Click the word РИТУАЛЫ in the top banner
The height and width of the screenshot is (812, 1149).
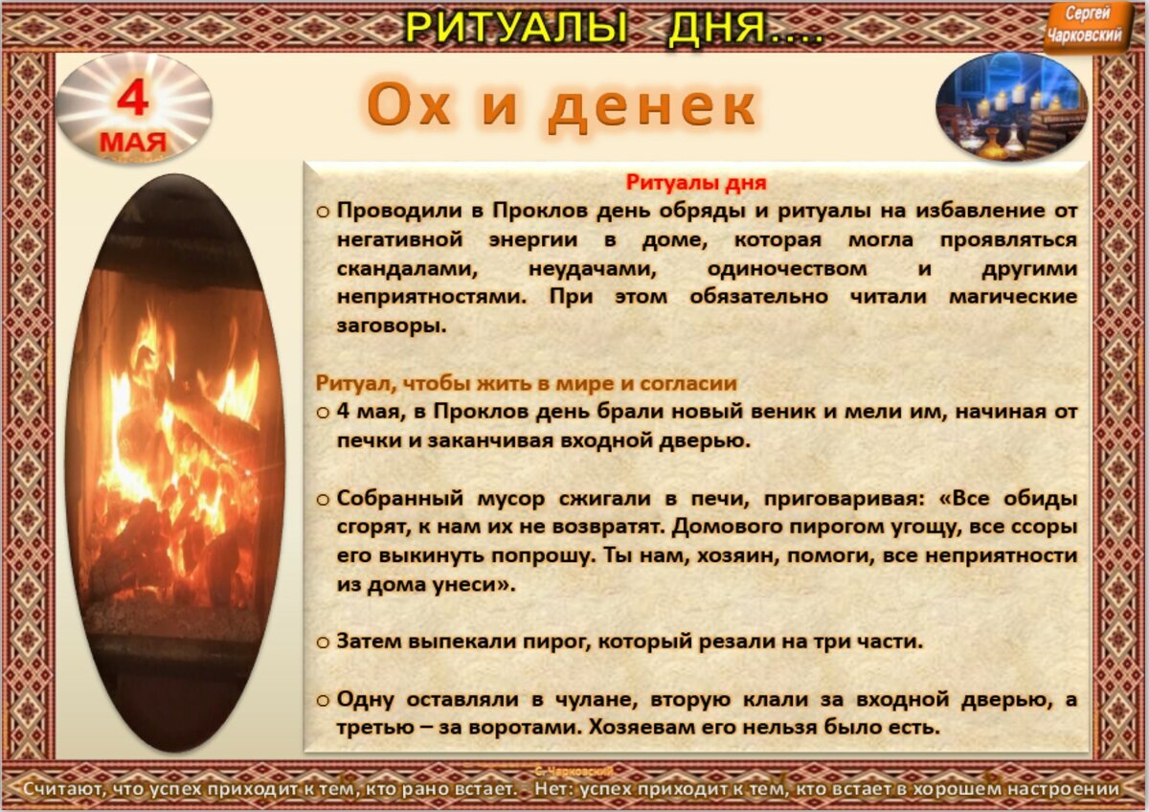(x=516, y=27)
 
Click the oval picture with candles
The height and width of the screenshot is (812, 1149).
(x=1012, y=106)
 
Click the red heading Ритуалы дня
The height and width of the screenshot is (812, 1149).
(x=696, y=181)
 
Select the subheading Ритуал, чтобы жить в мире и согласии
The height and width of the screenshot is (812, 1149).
(x=527, y=384)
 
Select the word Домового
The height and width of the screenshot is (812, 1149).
(x=721, y=528)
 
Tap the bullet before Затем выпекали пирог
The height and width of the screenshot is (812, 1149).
(x=324, y=643)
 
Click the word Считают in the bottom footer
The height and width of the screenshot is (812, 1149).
(x=67, y=790)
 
